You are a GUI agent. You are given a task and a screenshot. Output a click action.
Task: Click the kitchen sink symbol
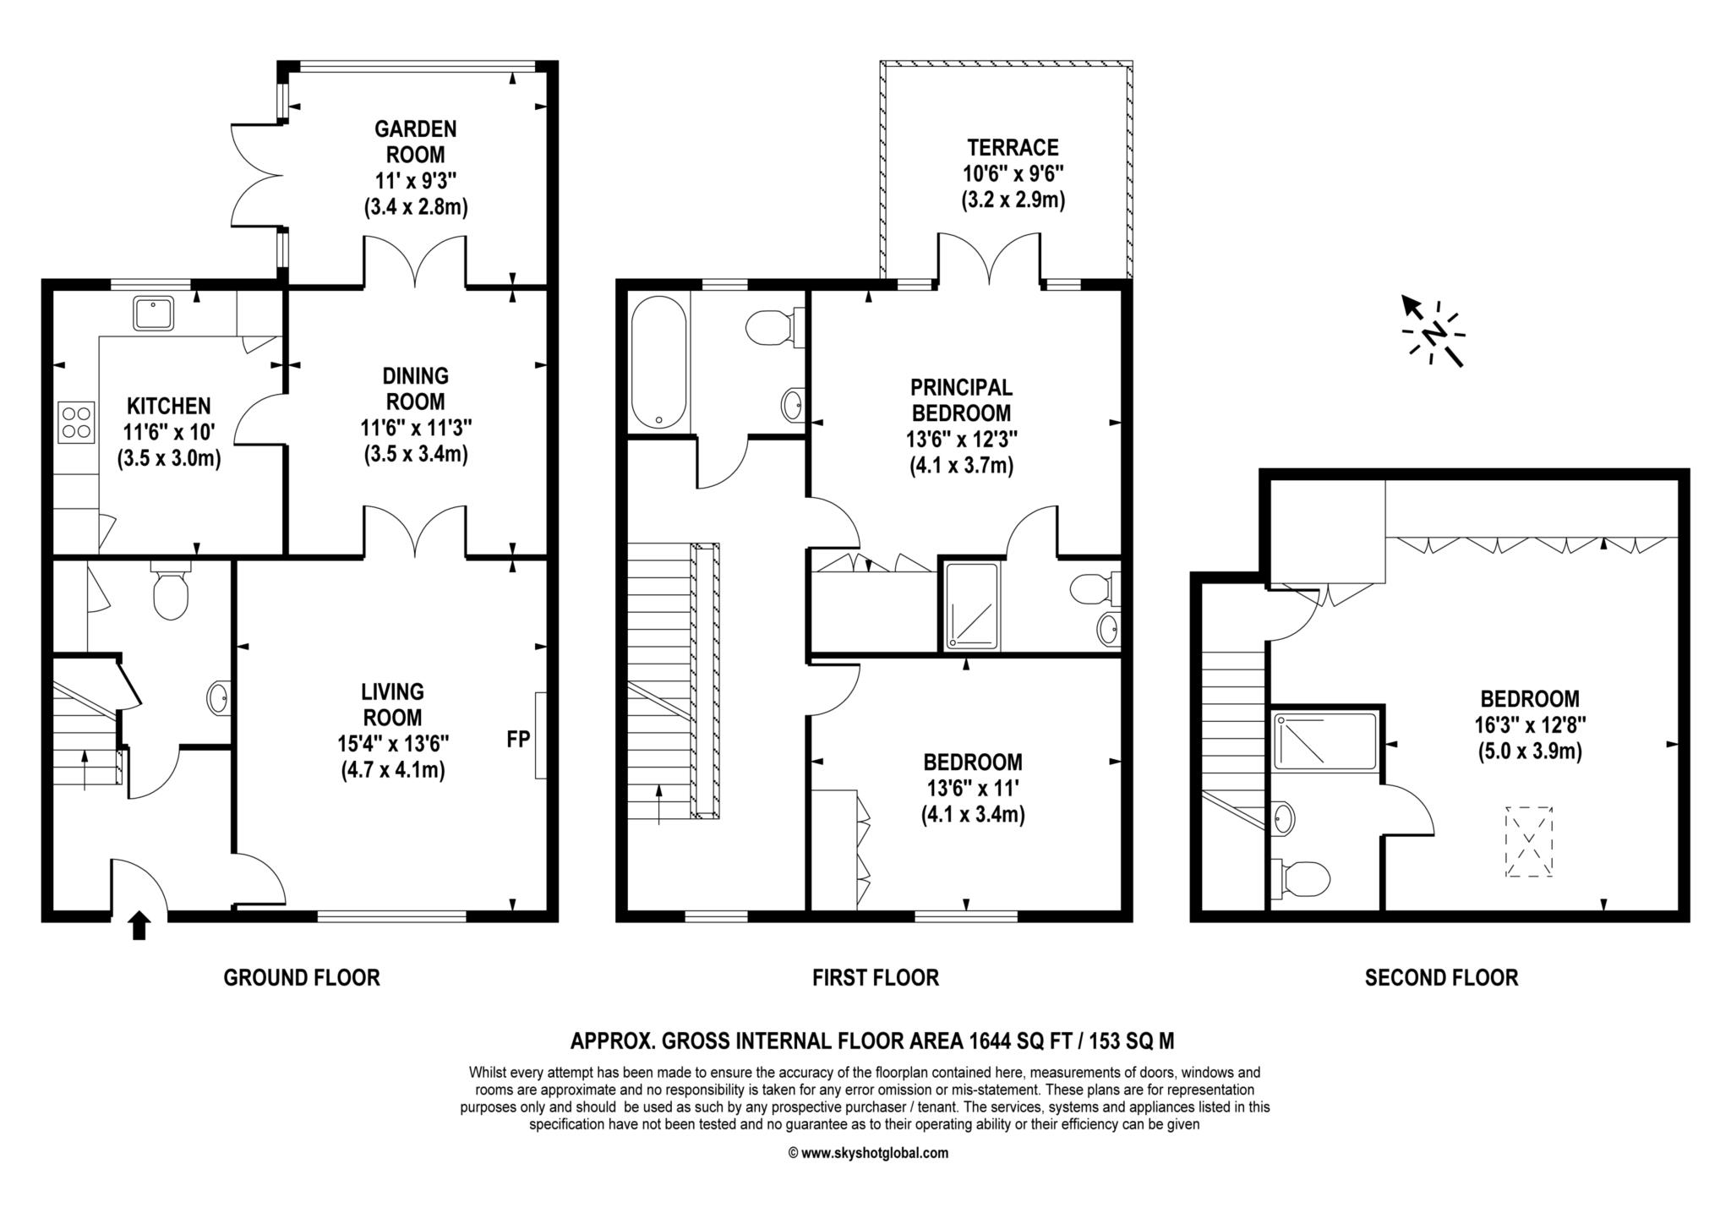tap(153, 313)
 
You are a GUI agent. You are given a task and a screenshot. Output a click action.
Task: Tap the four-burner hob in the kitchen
tap(76, 423)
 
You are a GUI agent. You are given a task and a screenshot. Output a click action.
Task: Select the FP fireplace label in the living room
tap(518, 739)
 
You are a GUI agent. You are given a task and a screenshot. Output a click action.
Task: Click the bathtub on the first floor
tap(659, 363)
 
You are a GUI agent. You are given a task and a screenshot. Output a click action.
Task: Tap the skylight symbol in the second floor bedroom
tap(1529, 842)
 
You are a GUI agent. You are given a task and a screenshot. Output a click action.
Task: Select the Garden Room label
tap(416, 141)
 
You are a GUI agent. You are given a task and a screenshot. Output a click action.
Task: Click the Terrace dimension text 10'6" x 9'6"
tap(1013, 174)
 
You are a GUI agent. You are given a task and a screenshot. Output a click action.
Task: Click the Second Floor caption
tap(1441, 978)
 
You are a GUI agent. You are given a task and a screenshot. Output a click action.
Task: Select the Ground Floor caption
tap(302, 978)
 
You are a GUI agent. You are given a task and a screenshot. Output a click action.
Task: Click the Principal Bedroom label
tap(961, 400)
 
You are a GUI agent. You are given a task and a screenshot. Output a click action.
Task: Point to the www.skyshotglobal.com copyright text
tap(868, 1153)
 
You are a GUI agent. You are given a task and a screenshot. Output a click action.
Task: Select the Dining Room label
tap(416, 388)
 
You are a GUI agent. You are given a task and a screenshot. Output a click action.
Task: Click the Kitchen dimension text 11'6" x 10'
tap(168, 433)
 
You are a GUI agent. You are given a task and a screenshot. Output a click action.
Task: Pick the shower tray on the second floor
tap(1326, 741)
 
